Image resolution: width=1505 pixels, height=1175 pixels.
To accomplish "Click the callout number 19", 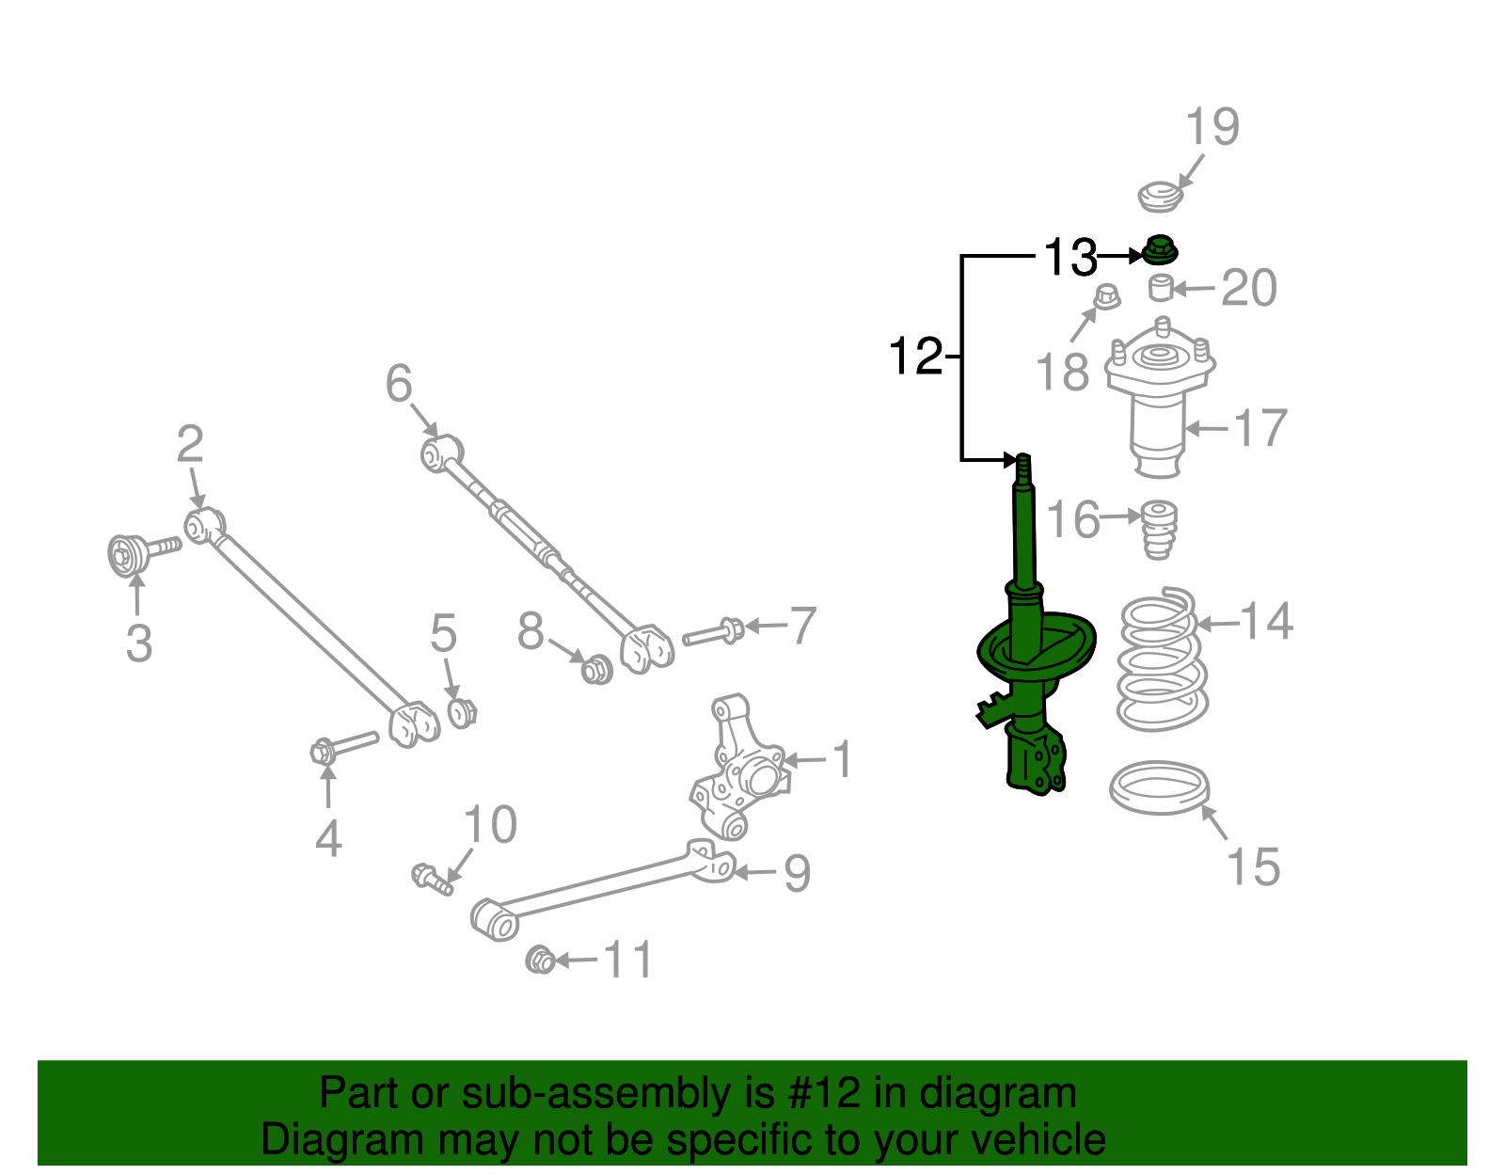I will click(x=1212, y=127).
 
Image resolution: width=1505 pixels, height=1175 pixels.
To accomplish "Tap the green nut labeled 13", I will click(x=1159, y=251).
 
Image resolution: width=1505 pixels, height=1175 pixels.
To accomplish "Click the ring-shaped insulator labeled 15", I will click(x=1159, y=788).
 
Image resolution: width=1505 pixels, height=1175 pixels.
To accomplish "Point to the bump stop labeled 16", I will click(x=1159, y=530).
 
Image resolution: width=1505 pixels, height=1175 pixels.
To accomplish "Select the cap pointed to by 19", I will click(x=1159, y=198).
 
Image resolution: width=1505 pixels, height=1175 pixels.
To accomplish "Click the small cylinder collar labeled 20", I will click(x=1162, y=287).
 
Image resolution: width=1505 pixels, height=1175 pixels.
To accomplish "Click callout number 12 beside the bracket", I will click(x=915, y=357).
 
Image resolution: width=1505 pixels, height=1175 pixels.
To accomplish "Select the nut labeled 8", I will click(x=596, y=670).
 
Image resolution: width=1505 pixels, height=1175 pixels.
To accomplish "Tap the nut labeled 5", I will click(x=462, y=713).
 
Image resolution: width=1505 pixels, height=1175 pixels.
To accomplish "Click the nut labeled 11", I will click(x=540, y=961).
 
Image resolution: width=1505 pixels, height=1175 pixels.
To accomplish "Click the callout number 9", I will click(x=797, y=873).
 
